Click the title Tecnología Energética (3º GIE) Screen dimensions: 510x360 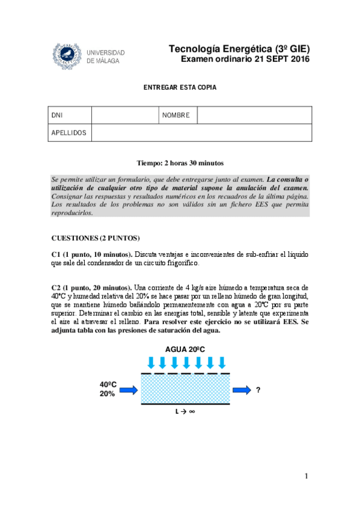(239, 49)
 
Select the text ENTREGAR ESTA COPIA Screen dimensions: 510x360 (180, 87)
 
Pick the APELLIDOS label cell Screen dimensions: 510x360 (69, 132)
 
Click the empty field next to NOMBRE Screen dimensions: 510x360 (254, 115)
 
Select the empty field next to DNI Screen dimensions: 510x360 (125, 115)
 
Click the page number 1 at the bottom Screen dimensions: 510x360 (306, 476)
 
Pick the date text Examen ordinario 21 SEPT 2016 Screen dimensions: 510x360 (245, 60)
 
